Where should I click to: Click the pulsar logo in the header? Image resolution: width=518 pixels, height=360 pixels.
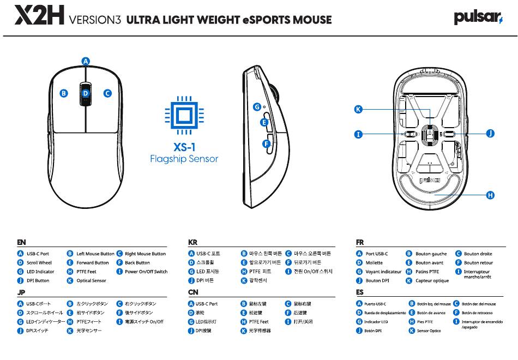pos(478,17)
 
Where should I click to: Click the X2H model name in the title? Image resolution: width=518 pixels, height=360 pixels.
pos(39,15)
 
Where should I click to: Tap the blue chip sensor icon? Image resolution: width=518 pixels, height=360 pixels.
pos(184,116)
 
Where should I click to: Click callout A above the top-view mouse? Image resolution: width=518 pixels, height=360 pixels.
pos(86,61)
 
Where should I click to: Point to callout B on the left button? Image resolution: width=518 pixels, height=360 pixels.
pos(63,93)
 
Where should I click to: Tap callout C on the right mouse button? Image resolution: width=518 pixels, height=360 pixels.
pos(107,93)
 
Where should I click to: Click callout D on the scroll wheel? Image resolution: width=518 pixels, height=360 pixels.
pos(86,94)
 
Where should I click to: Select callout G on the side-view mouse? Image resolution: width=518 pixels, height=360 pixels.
pos(257,107)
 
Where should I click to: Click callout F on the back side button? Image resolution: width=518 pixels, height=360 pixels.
pos(266,144)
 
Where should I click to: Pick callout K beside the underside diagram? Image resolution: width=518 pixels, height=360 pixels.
pos(358,109)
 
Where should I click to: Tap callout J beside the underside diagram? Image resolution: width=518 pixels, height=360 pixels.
pos(490,133)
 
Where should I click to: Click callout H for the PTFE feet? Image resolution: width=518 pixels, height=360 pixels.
pos(490,195)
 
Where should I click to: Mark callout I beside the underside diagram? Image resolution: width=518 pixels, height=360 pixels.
pos(358,134)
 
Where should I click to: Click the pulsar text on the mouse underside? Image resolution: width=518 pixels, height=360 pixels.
pos(430,180)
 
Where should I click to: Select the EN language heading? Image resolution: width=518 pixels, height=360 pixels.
pos(21,242)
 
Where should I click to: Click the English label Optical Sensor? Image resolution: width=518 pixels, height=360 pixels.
pos(91,281)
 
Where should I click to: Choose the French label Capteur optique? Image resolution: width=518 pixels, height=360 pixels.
pos(432,281)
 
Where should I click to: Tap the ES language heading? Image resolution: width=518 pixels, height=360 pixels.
pos(360,292)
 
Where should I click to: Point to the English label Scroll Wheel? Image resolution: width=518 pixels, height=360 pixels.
pos(39,263)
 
